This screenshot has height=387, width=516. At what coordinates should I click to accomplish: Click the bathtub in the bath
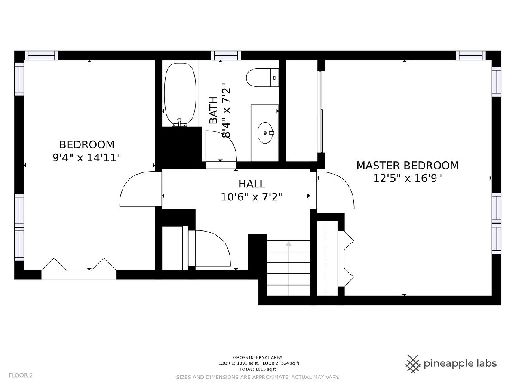click(x=180, y=95)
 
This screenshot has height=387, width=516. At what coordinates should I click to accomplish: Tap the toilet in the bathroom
click(x=262, y=77)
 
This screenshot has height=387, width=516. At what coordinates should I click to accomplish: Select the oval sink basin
click(x=266, y=133)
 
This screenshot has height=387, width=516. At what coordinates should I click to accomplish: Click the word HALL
click(x=252, y=184)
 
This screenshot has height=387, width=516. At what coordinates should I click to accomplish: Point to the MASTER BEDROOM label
click(x=407, y=166)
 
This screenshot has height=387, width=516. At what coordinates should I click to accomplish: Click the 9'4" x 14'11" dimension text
click(x=87, y=158)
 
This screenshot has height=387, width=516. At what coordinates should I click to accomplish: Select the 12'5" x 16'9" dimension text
click(x=407, y=178)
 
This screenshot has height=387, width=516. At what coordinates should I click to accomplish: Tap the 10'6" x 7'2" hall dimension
click(x=252, y=197)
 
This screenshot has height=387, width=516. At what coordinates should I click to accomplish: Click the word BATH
click(x=213, y=110)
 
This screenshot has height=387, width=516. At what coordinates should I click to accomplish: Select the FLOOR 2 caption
click(x=21, y=375)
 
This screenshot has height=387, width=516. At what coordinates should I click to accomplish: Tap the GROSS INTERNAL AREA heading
click(x=258, y=358)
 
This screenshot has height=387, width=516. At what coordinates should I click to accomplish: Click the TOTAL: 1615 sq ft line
click(x=258, y=369)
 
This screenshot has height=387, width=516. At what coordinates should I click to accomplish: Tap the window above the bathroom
click(x=226, y=56)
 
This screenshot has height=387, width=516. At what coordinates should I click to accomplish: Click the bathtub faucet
click(x=179, y=123)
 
